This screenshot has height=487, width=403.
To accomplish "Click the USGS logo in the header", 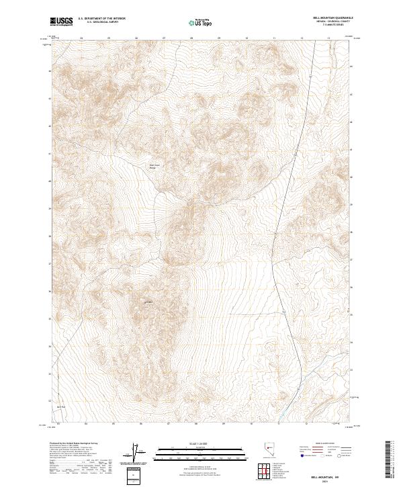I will pyautogui.click(x=62, y=21).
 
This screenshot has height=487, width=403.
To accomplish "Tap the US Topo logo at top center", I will pyautogui.click(x=201, y=22).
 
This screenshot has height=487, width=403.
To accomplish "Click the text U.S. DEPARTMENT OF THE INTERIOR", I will pyautogui.click(x=101, y=18).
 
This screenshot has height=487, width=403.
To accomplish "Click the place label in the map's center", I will pyautogui.click(x=152, y=167).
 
